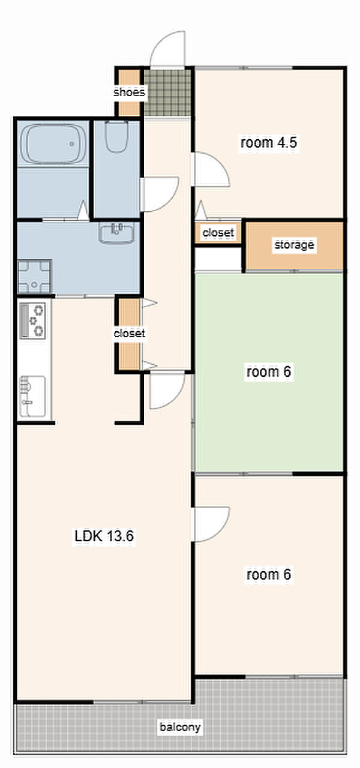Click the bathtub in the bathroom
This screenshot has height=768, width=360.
click(53, 144)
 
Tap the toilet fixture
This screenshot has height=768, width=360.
click(116, 136)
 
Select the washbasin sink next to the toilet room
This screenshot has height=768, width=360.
click(116, 233)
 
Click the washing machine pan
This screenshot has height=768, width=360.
click(35, 277)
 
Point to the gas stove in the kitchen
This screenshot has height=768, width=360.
click(32, 320)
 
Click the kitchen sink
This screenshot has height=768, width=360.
click(32, 397)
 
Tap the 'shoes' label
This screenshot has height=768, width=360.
click(129, 92)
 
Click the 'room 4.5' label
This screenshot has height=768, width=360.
click(268, 142)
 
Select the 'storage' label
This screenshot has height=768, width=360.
click(294, 245)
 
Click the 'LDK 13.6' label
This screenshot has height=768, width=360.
click(104, 536)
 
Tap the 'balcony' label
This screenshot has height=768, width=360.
click(180, 727)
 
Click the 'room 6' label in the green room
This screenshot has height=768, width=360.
click(268, 371)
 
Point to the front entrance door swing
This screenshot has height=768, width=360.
click(169, 49)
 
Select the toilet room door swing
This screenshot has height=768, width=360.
click(160, 194)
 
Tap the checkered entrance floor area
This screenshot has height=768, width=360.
click(167, 92)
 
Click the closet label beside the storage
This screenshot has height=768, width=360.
click(218, 233)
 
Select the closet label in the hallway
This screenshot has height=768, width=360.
click(129, 333)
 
